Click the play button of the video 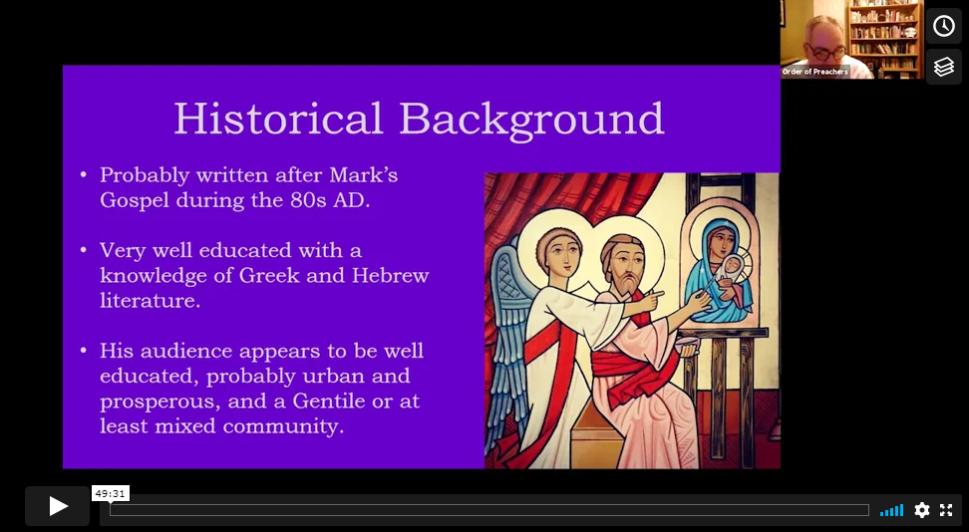click(x=58, y=506)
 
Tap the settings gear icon click(x=921, y=510)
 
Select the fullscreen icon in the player click(x=946, y=510)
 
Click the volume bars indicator click(x=892, y=510)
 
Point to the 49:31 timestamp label click(x=111, y=494)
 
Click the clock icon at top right click(x=944, y=26)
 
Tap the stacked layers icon click(x=944, y=67)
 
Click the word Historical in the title click(x=279, y=118)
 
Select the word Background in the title click(x=532, y=120)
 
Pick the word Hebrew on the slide click(x=391, y=275)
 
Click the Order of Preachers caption click(x=815, y=72)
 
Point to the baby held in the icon click(x=732, y=272)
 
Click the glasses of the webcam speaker click(x=826, y=52)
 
